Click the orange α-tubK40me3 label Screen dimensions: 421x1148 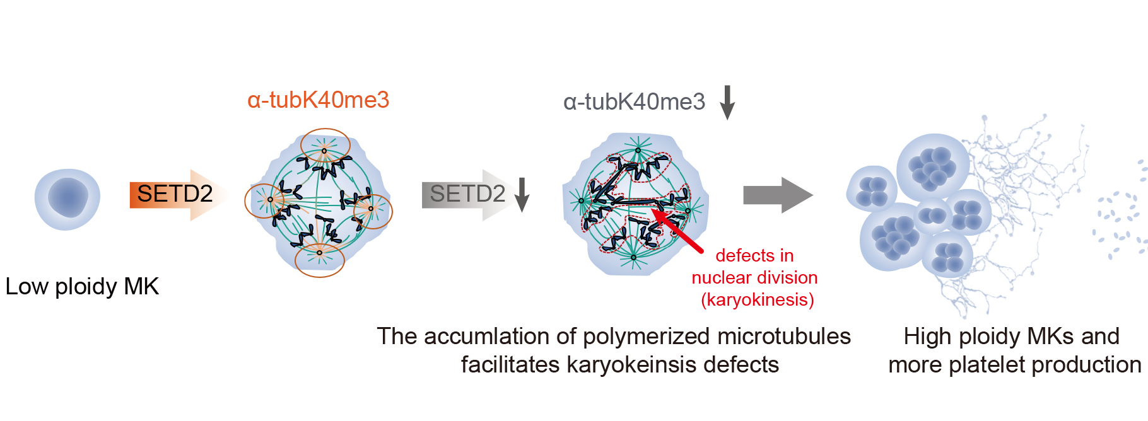point(318,100)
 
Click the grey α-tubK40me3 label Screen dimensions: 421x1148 point(634,102)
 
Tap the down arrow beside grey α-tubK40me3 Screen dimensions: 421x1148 point(727,102)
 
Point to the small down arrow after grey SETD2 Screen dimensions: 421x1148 point(522,195)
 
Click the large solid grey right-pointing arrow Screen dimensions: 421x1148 point(778,195)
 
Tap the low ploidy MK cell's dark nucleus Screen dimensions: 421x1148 point(67,197)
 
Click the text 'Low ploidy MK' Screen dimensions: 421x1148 point(82,287)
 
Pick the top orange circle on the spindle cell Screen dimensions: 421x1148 point(325,146)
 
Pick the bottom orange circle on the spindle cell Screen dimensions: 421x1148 point(320,260)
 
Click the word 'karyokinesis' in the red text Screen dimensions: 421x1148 point(757,300)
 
